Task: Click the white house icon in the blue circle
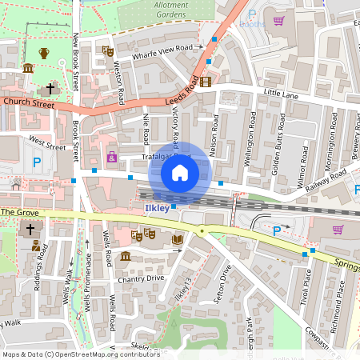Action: point(180,172)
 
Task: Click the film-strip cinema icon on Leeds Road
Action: point(206,82)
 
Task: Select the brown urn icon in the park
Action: point(44,53)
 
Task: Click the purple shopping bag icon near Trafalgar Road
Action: point(112,157)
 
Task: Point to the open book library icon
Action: point(178,238)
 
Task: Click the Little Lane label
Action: point(280,94)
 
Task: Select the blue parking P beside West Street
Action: point(37,162)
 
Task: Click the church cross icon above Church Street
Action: point(50,88)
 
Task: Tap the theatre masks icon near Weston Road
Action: point(107,51)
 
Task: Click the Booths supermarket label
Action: point(253,24)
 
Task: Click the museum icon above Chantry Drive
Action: point(126,256)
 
